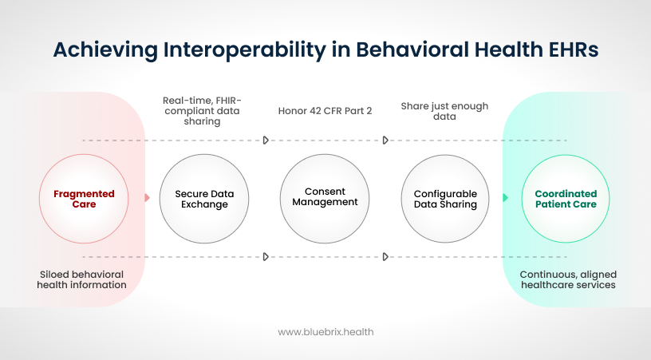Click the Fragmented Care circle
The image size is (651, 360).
[84, 199]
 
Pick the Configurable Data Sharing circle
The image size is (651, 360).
[445, 199]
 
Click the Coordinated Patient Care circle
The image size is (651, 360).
[566, 199]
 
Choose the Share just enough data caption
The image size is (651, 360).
[444, 111]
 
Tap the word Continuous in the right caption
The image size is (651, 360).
[549, 274]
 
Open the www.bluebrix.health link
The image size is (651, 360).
[325, 331]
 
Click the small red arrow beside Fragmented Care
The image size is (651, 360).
[147, 198]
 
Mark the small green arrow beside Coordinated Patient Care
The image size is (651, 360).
[505, 198]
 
